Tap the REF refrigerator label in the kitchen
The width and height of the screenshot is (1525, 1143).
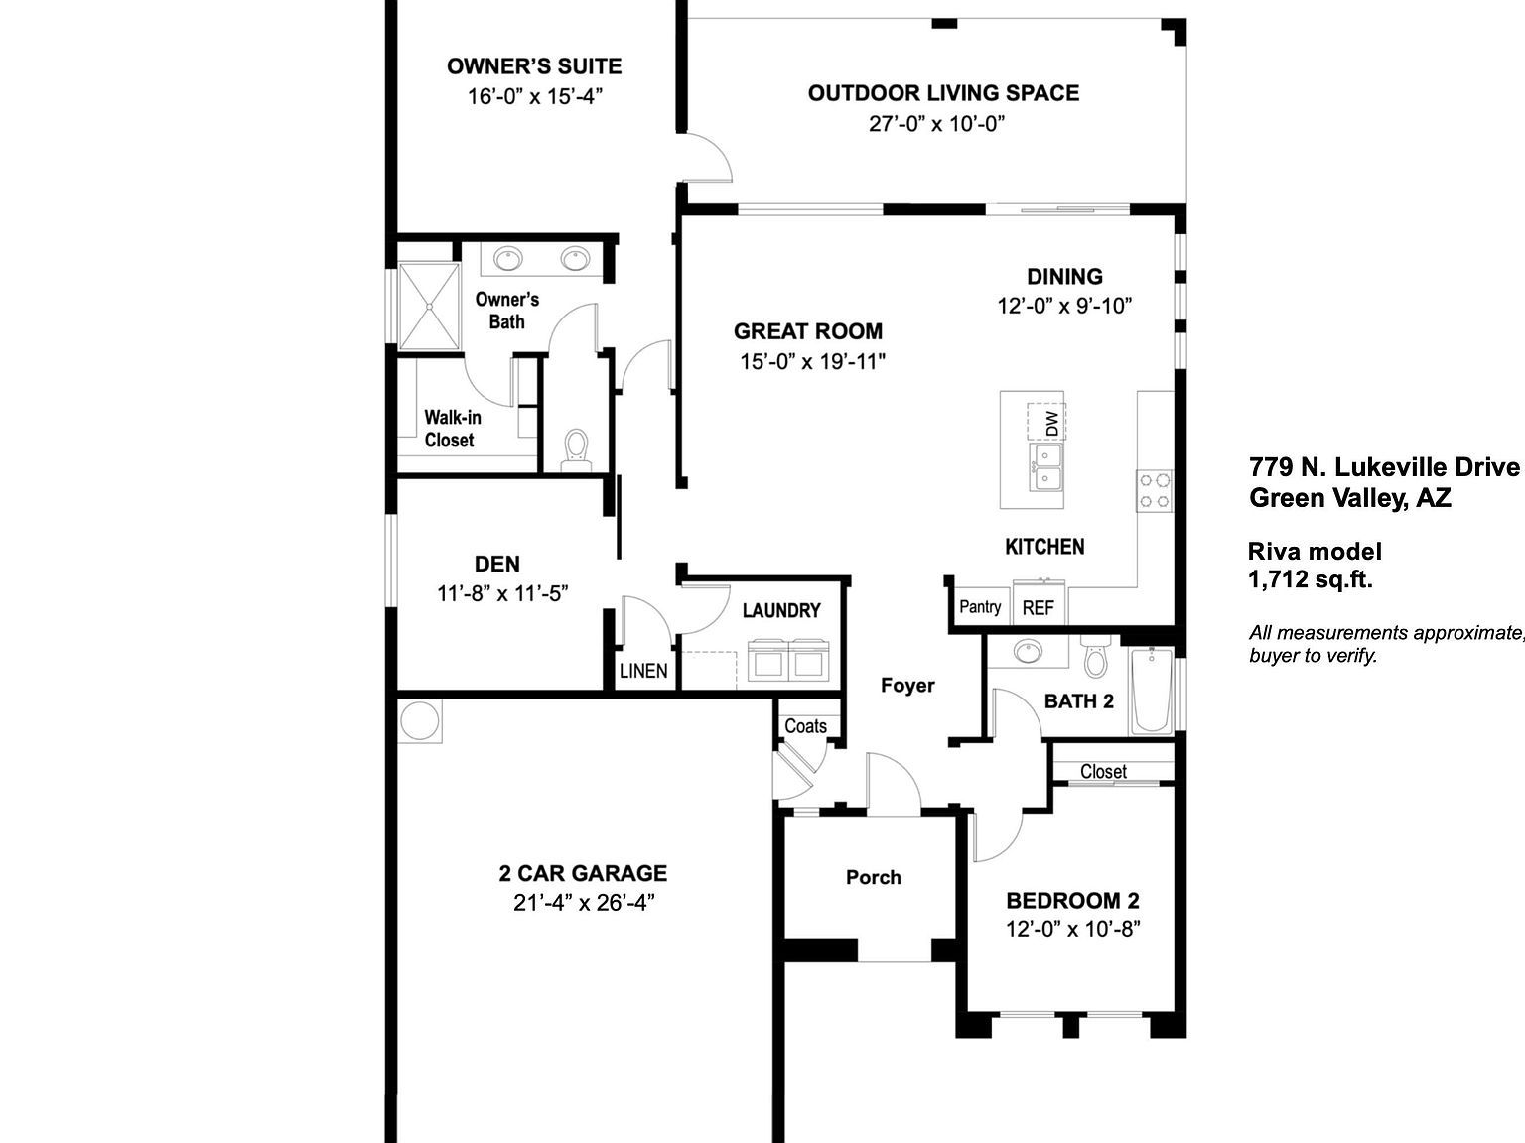click(1038, 607)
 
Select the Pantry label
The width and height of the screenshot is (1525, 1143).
click(980, 606)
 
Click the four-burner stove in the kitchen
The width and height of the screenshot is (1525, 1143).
click(1154, 490)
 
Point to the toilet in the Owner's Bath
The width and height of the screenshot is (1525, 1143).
click(576, 449)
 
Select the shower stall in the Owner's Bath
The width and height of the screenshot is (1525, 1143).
click(429, 306)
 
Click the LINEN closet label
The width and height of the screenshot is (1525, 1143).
click(643, 671)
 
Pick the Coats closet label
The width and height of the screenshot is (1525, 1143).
click(805, 725)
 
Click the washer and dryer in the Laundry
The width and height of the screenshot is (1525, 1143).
click(787, 661)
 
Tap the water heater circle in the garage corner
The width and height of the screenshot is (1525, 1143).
click(419, 721)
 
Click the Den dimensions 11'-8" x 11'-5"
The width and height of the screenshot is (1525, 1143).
click(502, 593)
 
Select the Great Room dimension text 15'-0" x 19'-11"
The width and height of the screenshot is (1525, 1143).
click(811, 361)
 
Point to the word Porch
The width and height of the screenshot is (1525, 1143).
click(874, 877)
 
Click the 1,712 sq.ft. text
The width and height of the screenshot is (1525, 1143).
click(1311, 580)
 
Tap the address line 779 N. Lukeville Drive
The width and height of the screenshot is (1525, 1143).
click(1384, 467)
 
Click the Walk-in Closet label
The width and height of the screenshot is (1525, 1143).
click(452, 429)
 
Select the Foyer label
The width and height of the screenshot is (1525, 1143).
click(907, 685)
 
